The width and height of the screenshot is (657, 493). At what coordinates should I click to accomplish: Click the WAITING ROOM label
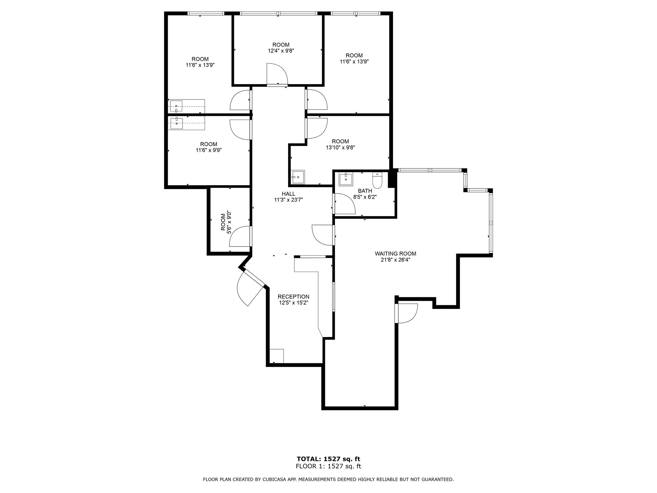click(x=395, y=254)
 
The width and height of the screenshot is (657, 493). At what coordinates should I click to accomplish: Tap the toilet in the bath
click(x=377, y=180)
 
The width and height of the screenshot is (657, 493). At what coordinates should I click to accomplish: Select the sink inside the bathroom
click(x=346, y=179)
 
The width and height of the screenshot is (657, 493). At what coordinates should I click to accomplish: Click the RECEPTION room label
click(x=293, y=297)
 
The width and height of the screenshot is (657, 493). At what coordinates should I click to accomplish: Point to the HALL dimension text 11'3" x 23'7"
click(x=288, y=200)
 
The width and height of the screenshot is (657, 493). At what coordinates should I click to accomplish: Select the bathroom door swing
click(x=344, y=204)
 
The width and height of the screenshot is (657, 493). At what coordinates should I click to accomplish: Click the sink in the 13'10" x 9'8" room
click(x=297, y=177)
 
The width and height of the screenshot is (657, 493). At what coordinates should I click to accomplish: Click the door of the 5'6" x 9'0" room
click(x=240, y=236)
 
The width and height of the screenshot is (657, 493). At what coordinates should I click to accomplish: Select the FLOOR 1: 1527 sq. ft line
click(x=328, y=466)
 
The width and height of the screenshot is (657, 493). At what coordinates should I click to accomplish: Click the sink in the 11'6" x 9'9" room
click(x=176, y=123)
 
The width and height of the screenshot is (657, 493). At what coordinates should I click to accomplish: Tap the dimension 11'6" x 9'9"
click(x=209, y=150)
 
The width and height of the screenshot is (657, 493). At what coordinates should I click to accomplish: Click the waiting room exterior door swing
click(x=407, y=313)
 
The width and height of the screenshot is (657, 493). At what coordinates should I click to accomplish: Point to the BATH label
click(x=365, y=191)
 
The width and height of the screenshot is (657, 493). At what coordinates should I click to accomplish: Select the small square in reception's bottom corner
click(x=277, y=356)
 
